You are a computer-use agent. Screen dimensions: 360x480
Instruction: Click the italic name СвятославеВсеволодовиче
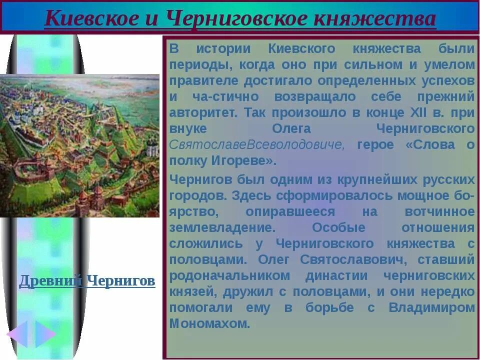coord(257,145)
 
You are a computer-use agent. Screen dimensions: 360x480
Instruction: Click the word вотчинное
coord(439,211)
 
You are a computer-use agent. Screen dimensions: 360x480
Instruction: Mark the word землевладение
coord(222,227)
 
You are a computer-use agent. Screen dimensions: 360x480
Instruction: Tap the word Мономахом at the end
coord(209,323)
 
